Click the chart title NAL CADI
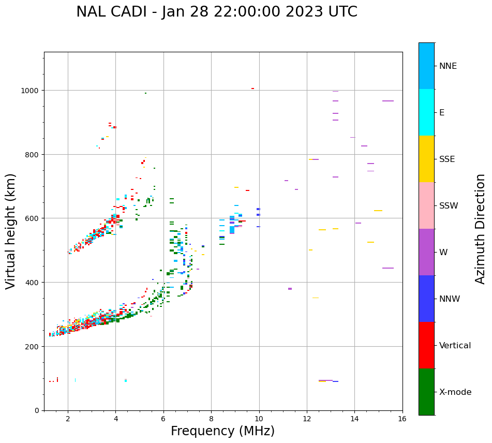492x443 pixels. (x=216, y=12)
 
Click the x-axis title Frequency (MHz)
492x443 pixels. (x=222, y=431)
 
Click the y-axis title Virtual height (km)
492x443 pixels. (x=11, y=231)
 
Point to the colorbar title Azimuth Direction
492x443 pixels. (x=481, y=229)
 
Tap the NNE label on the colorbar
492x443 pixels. (x=448, y=66)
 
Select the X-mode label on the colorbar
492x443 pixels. (x=455, y=392)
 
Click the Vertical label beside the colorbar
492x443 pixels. (x=455, y=346)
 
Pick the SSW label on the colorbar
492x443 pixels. (x=449, y=205)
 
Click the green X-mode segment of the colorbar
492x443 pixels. (x=426, y=392)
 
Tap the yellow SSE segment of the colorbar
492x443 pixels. (x=426, y=159)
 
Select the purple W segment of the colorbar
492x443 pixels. (x=426, y=252)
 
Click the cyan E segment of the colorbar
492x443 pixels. (x=426, y=112)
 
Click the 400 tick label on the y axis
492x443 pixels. (x=34, y=283)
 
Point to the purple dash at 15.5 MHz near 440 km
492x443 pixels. (x=388, y=268)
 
